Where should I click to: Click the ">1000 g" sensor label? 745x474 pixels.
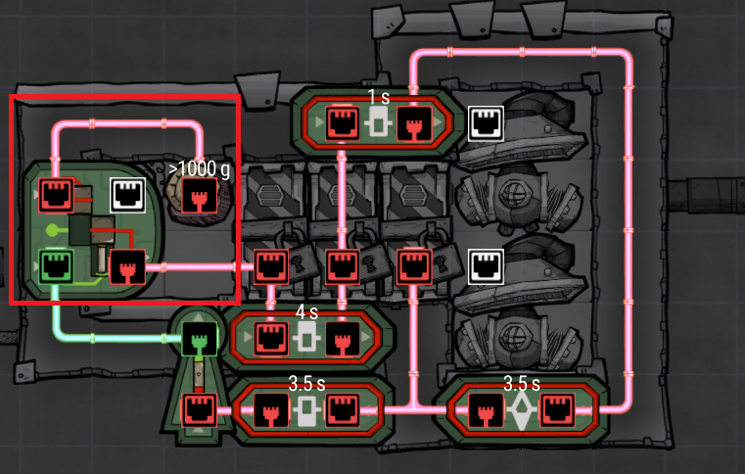[200, 168]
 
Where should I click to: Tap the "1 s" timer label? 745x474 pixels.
[379, 98]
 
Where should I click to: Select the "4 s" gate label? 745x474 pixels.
[306, 311]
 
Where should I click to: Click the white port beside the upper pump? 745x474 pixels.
[486, 123]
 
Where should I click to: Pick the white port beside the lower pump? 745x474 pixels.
[486, 266]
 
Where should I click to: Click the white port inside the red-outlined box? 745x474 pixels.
[128, 195]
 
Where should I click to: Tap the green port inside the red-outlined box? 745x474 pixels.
[56, 266]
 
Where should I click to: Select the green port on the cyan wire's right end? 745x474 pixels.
[200, 339]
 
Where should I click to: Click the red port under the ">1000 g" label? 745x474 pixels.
[200, 196]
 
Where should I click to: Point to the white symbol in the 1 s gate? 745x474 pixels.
[378, 121]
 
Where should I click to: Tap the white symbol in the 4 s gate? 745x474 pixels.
[306, 337]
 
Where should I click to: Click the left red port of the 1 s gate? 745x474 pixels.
[343, 123]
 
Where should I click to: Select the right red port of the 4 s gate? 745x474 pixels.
[343, 339]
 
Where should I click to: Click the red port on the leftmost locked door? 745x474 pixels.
[271, 266]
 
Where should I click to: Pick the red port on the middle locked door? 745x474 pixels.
[343, 266]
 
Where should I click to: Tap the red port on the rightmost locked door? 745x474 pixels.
[414, 266]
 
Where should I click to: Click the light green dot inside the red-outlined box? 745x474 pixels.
[52, 231]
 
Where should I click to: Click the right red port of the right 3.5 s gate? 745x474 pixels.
[557, 409]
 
